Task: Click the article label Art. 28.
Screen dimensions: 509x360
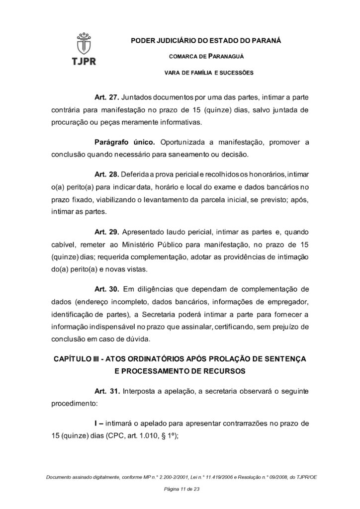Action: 106,175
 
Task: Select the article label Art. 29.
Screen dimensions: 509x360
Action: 106,232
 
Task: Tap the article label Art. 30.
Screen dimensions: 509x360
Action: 106,289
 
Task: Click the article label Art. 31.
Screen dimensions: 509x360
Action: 106,391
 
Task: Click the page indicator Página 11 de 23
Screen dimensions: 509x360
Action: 180,490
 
